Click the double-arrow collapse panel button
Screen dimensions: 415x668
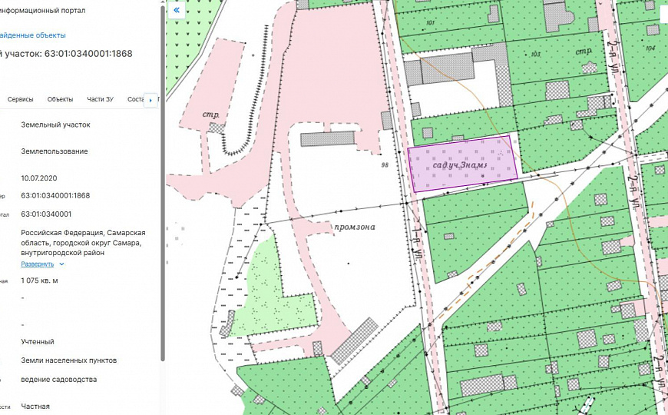click(177, 11)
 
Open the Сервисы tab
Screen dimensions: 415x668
click(21, 99)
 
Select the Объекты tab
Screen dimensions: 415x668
click(60, 99)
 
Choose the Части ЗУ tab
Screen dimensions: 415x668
click(100, 99)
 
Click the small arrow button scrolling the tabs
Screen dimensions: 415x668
click(150, 101)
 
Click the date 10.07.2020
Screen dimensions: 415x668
click(38, 178)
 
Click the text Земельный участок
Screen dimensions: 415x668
click(55, 124)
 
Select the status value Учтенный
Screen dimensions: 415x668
click(38, 341)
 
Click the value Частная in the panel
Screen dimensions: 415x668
click(35, 406)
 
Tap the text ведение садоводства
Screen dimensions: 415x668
click(58, 379)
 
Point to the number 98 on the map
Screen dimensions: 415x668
click(385, 164)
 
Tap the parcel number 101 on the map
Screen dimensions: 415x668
click(430, 23)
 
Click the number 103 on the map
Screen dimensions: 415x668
click(535, 55)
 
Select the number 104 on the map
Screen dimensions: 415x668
click(650, 48)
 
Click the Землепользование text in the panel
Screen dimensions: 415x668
click(54, 151)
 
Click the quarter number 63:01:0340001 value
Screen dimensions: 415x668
click(46, 214)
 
